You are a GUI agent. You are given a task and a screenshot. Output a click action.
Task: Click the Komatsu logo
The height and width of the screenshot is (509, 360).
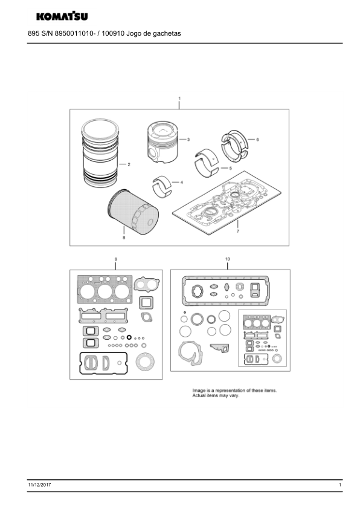pyautogui.click(x=62, y=16)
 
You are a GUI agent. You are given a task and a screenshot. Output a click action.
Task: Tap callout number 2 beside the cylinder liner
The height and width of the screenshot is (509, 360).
pyautogui.click(x=129, y=164)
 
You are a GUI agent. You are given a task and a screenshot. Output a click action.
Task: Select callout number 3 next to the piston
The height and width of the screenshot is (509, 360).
pyautogui.click(x=188, y=140)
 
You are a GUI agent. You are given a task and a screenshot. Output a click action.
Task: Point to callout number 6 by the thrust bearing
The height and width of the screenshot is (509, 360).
pyautogui.click(x=257, y=140)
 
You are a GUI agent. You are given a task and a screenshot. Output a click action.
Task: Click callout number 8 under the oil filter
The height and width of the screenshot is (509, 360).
pyautogui.click(x=124, y=238)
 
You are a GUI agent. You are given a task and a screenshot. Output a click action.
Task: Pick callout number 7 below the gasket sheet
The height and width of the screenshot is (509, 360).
pyautogui.click(x=238, y=231)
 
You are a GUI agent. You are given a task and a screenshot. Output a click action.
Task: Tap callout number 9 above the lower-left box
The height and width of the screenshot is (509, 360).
pyautogui.click(x=116, y=259)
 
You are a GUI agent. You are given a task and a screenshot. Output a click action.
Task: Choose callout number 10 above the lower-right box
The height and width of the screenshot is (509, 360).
pyautogui.click(x=227, y=259)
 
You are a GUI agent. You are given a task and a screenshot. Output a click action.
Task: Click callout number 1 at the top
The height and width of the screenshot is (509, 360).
pyautogui.click(x=179, y=99)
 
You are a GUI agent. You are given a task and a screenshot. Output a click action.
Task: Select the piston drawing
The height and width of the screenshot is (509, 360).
pyautogui.click(x=161, y=142)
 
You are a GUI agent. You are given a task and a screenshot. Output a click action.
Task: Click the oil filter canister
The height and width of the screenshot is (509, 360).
pyautogui.click(x=133, y=212)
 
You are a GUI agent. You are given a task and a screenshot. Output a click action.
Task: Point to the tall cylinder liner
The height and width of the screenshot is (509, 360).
pyautogui.click(x=100, y=153)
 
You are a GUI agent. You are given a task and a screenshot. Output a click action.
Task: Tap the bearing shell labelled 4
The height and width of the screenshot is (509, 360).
pyautogui.click(x=162, y=186)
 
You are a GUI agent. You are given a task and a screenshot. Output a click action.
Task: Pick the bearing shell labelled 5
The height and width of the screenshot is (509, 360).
pyautogui.click(x=207, y=163)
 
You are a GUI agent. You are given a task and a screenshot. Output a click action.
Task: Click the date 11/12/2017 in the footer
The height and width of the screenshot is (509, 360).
pyautogui.click(x=39, y=485)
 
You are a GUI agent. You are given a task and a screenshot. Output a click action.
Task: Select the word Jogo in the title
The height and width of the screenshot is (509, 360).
pyautogui.click(x=134, y=33)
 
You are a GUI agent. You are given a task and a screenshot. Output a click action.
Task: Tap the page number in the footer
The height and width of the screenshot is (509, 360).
pyautogui.click(x=340, y=485)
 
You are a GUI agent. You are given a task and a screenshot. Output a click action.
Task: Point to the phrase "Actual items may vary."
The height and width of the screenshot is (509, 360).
pyautogui.click(x=216, y=396)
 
